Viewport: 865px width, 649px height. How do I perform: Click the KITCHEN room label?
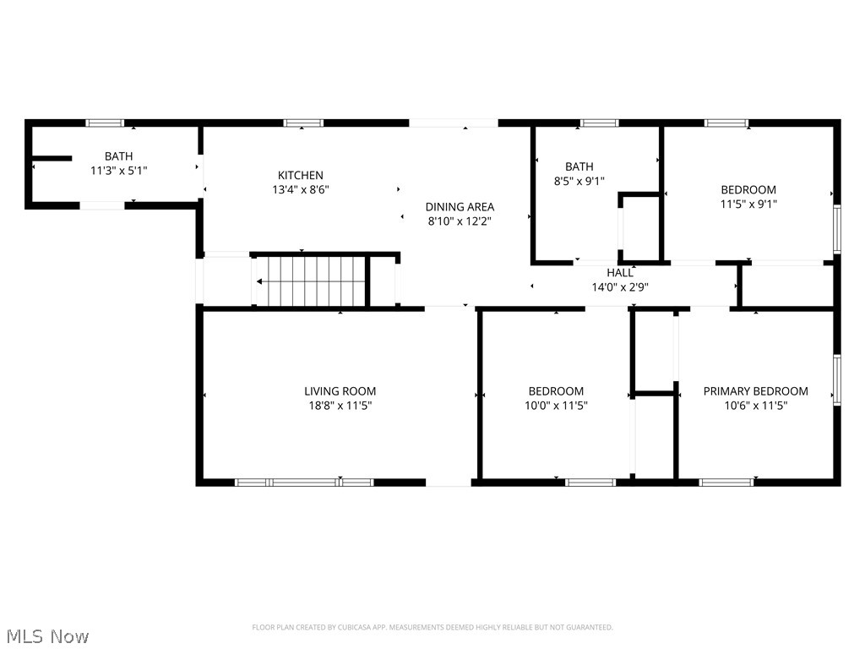coord(301,175)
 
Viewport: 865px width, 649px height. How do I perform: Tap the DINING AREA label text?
coord(460,206)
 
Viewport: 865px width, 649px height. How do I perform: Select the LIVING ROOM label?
coord(340,391)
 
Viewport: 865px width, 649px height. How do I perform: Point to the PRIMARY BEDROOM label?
coord(755,391)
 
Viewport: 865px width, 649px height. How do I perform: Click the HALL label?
coord(619,273)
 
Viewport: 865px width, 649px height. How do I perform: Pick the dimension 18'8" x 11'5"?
coord(340,406)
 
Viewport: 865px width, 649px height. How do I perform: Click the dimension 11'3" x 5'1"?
coord(118,170)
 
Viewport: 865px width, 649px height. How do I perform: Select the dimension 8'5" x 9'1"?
coord(579,181)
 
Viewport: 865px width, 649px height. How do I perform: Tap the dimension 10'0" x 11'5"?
coord(556,406)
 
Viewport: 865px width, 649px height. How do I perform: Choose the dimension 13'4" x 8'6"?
coord(301,189)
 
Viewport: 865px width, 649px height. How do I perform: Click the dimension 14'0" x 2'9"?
coord(619,286)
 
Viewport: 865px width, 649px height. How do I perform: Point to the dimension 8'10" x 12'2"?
coord(460,221)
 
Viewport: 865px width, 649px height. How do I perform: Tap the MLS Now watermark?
coord(47,635)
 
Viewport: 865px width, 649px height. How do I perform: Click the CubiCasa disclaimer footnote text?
coord(432,627)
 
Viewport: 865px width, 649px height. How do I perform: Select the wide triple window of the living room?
coord(304,483)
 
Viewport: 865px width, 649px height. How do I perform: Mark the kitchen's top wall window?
coord(303,123)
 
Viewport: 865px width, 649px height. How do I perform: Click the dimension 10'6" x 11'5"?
coord(755,406)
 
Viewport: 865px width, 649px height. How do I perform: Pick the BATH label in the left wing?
coord(118,156)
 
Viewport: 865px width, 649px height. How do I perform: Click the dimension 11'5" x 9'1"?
coord(748,204)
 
